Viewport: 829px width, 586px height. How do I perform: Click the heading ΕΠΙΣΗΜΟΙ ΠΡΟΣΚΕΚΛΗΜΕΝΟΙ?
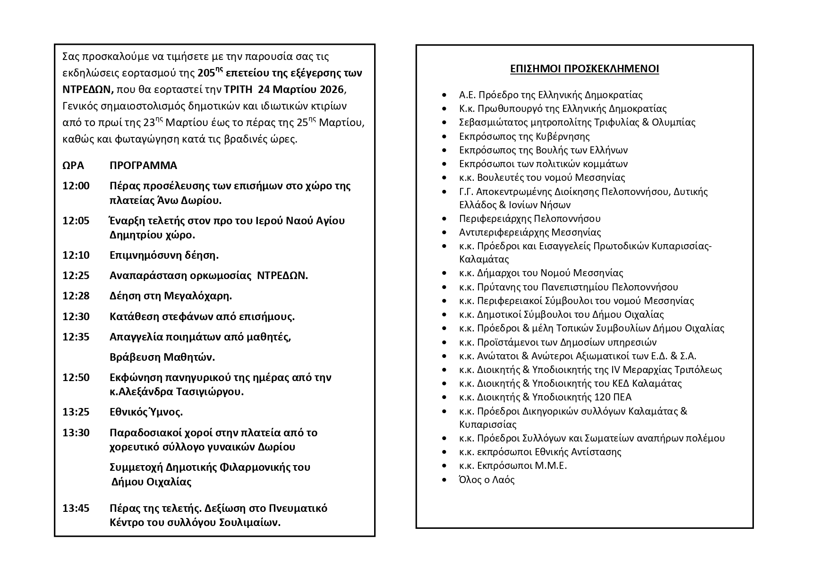(x=584, y=69)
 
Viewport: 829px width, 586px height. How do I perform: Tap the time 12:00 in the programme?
(x=76, y=186)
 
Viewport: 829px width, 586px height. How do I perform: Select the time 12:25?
(x=76, y=275)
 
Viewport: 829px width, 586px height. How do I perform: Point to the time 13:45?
(x=76, y=508)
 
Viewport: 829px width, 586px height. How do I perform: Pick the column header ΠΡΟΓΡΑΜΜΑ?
(x=143, y=165)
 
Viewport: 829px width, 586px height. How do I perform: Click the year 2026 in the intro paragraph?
(x=334, y=90)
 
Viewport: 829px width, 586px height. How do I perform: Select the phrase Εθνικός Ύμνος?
(x=146, y=412)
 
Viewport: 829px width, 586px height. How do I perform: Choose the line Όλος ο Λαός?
(x=487, y=480)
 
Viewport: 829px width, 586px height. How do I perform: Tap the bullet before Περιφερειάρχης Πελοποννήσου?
(x=444, y=219)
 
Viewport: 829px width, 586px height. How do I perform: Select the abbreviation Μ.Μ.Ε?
(x=551, y=466)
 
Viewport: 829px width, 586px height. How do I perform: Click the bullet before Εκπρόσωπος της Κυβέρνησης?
(x=444, y=136)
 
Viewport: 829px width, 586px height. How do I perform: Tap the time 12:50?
(x=76, y=377)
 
